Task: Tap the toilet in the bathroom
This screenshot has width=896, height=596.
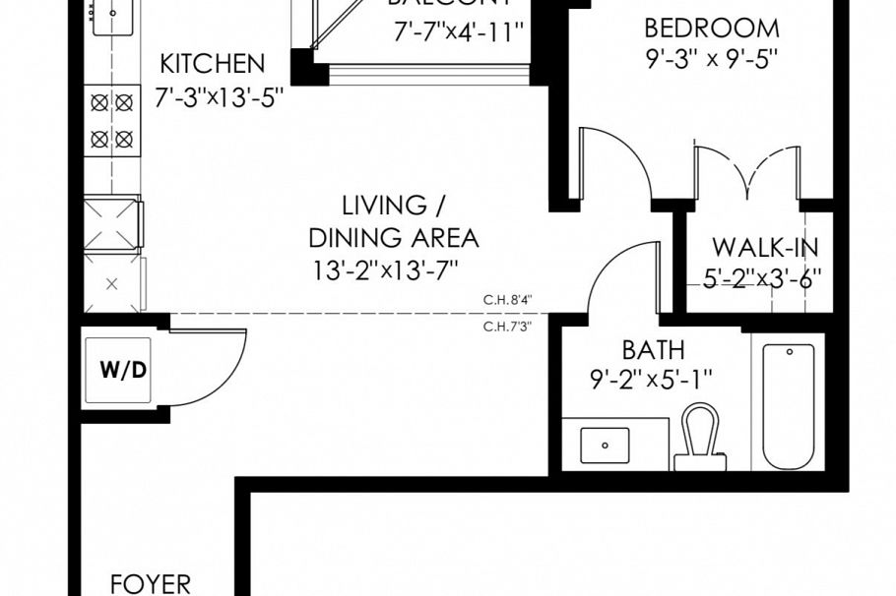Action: point(701,438)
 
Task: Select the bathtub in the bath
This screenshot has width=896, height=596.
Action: point(788,405)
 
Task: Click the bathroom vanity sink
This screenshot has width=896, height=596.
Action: point(605,446)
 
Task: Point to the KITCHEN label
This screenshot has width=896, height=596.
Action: point(213,65)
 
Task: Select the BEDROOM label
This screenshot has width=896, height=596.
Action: point(710,28)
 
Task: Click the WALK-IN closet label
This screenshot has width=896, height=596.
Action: point(765,247)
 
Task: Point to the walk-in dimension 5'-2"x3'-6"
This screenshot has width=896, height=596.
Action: point(762,278)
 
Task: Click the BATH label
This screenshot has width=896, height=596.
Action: point(654,350)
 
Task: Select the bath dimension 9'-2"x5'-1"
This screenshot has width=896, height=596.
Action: point(652,378)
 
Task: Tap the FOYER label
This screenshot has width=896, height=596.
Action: point(150,584)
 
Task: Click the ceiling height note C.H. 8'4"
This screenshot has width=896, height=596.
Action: point(508,301)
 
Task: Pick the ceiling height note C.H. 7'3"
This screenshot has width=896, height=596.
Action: point(508,328)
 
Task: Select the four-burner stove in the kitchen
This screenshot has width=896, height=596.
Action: point(111,120)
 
